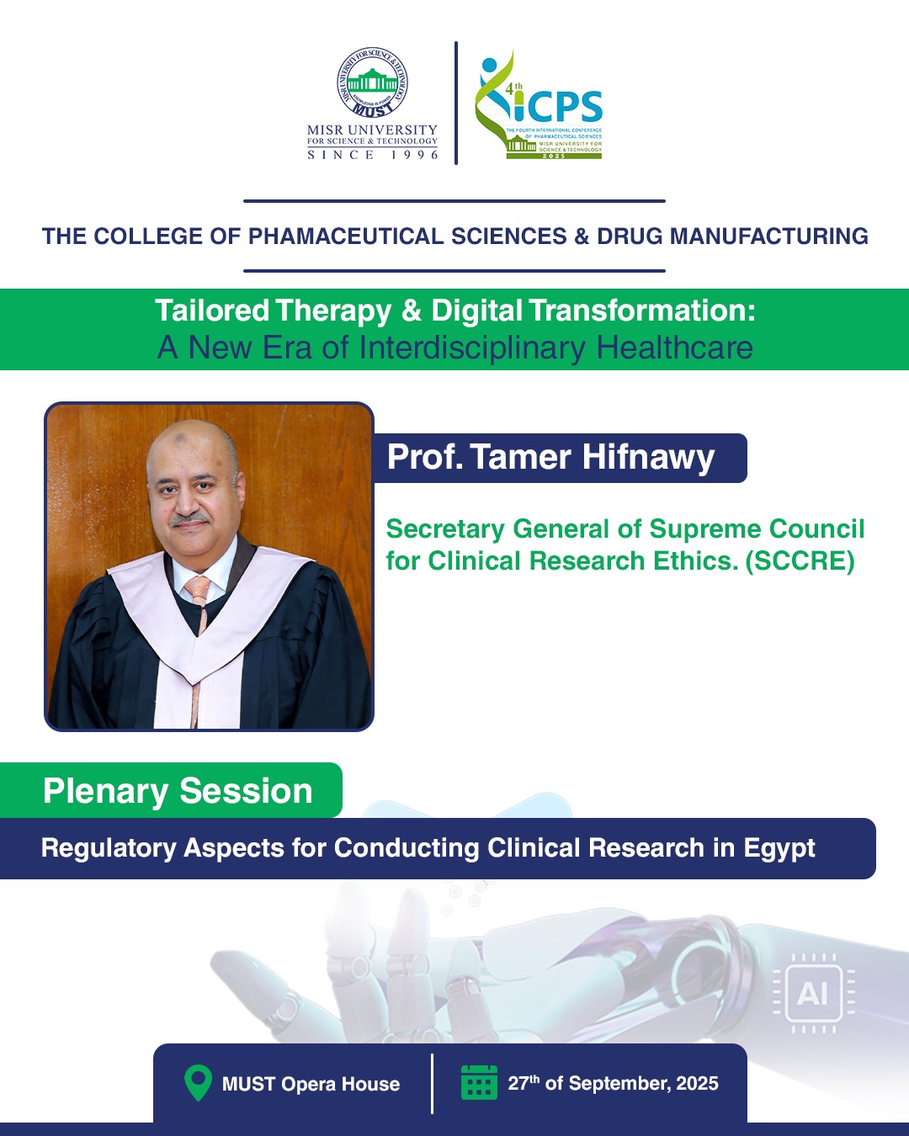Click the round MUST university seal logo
click(372, 82)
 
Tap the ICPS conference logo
click(539, 104)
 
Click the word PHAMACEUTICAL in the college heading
click(346, 236)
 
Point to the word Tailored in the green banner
click(212, 310)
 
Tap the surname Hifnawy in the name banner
click(648, 457)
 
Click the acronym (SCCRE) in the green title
click(800, 560)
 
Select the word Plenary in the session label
click(105, 791)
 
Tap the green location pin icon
click(198, 1082)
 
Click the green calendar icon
click(479, 1082)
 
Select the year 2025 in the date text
click(697, 1083)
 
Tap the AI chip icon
click(812, 994)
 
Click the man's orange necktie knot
click(198, 586)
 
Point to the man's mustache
click(189, 519)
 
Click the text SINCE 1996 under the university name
click(372, 155)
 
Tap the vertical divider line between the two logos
click(456, 103)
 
